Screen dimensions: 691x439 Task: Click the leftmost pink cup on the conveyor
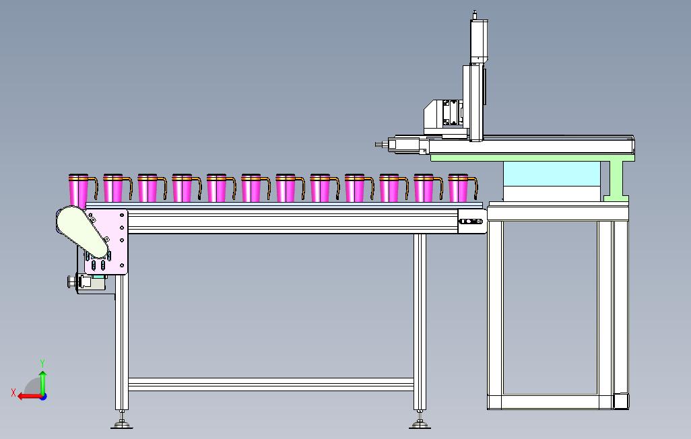click(x=78, y=190)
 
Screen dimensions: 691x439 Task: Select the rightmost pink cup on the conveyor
click(x=458, y=188)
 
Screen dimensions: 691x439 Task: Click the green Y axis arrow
click(x=42, y=382)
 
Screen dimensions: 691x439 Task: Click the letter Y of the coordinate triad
click(x=42, y=364)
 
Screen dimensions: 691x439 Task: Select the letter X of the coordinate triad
click(x=13, y=393)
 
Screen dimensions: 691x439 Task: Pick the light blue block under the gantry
click(x=552, y=174)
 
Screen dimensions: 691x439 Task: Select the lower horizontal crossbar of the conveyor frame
click(x=271, y=384)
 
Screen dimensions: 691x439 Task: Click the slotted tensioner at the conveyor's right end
click(x=471, y=222)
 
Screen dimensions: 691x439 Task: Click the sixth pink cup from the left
click(x=251, y=188)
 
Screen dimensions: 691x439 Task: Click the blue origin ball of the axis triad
click(x=43, y=397)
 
